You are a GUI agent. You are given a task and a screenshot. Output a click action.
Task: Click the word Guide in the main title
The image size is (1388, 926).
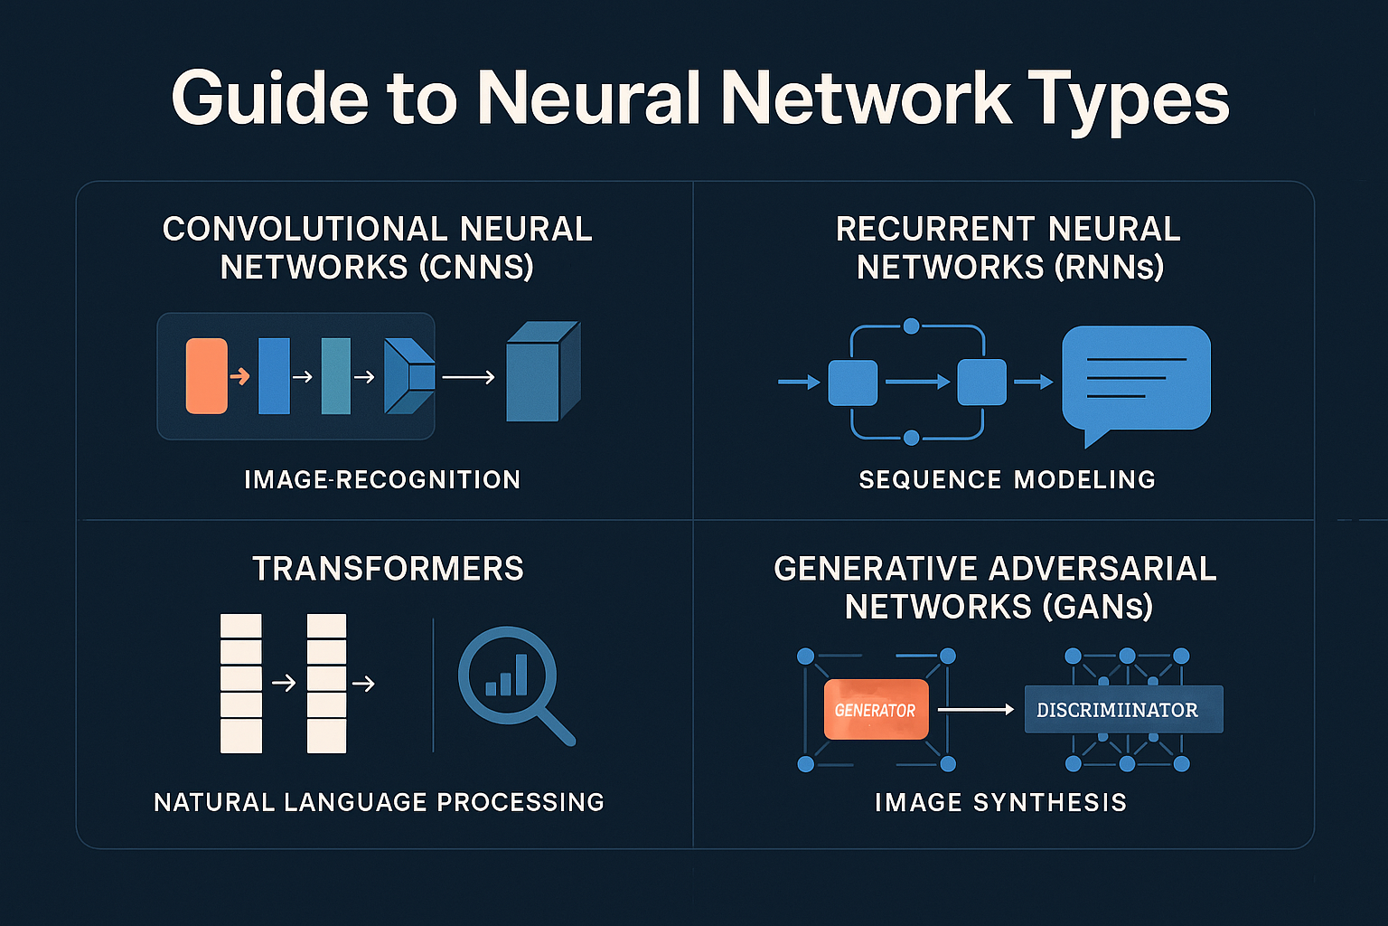tap(269, 98)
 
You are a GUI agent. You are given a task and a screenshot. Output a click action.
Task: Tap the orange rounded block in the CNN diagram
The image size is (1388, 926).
tap(206, 376)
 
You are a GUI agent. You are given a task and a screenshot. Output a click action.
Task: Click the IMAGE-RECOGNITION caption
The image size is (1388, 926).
tap(382, 479)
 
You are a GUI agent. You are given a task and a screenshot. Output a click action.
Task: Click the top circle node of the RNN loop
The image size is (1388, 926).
tap(911, 326)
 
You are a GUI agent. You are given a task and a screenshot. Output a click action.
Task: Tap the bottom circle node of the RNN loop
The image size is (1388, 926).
tap(911, 438)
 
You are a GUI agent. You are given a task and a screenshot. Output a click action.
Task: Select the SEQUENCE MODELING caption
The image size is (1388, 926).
tap(1007, 479)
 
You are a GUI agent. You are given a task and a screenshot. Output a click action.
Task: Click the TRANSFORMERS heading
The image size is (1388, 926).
tap(388, 569)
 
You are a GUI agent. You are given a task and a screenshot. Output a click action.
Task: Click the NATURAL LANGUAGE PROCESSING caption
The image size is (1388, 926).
tap(379, 802)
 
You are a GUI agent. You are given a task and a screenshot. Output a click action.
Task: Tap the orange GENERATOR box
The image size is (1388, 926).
tap(876, 710)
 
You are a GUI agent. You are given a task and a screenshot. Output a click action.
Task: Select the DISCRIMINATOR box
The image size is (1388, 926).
tap(1122, 710)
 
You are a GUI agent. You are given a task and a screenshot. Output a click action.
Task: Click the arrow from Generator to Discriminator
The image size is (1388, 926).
tap(976, 710)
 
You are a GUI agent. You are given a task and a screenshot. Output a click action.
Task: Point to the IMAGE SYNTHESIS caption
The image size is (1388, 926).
tap(1000, 802)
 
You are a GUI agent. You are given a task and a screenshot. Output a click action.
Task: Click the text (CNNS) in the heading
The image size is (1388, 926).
tap(480, 268)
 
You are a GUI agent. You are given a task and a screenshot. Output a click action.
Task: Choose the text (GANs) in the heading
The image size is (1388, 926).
tap(1097, 607)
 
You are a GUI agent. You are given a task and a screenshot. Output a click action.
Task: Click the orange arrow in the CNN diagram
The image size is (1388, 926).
tap(239, 376)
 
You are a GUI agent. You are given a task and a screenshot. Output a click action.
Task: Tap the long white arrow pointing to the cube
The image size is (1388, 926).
tap(468, 377)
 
